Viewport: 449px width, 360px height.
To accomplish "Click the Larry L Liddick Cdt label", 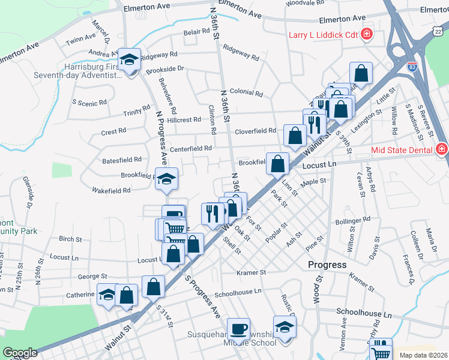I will click(x=324, y=35).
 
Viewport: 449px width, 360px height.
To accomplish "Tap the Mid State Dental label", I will click(x=402, y=148).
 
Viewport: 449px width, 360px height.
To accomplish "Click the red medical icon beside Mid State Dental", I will click(x=441, y=148).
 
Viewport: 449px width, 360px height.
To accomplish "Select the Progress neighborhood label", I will click(x=327, y=265).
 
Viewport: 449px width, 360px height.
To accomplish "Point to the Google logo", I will click(x=20, y=353).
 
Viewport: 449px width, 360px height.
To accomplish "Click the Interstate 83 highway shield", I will click(x=412, y=62).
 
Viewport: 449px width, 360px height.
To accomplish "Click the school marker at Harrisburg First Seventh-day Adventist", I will click(x=129, y=60).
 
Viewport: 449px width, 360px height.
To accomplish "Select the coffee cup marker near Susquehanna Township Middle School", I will click(x=238, y=329).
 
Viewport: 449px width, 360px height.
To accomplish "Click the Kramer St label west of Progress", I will click(x=251, y=272).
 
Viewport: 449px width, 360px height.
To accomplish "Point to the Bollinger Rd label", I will click(x=353, y=222).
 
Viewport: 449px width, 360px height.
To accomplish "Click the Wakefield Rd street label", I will click(x=111, y=191).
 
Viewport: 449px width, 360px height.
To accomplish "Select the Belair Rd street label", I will click(x=196, y=32).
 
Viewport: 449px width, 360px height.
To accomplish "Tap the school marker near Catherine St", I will click(x=107, y=295).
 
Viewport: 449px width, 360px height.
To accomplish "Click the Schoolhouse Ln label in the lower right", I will click(x=363, y=313).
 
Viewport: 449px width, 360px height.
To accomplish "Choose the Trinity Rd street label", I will click(x=137, y=112).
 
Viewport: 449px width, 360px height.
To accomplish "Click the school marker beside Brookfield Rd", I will click(x=166, y=179).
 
